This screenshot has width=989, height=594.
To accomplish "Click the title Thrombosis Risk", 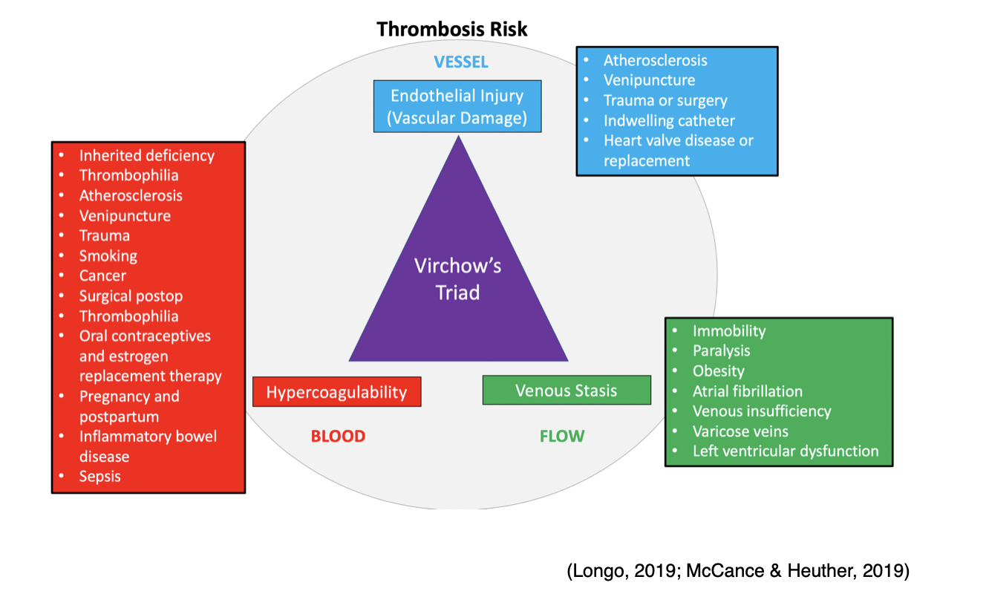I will pos(451,29).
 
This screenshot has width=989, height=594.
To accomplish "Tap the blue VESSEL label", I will pos(461,62).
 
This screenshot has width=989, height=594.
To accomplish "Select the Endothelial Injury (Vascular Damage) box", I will pos(457,106).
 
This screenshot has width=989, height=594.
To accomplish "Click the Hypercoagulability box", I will pos(336,392).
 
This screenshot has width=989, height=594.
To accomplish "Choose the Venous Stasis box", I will pos(566,391).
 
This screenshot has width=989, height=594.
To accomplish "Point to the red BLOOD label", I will pos(338,437).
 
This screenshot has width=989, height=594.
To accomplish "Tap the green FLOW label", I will pos(562,437).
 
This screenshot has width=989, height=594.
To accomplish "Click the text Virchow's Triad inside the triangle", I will pos(457,279).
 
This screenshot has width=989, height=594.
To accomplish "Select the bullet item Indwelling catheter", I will pos(669,121).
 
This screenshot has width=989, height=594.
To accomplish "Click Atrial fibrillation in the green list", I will pos(747,391).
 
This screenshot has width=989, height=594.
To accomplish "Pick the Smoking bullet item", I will pos(108,256).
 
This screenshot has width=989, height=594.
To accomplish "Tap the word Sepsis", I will pos(99,477).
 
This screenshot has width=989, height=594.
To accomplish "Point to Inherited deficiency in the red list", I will pos(147,156).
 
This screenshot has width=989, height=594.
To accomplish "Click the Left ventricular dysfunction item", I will pos(786,451).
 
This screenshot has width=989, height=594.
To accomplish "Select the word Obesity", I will pos(718,371).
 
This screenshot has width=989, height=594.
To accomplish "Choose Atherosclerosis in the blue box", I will pos(655,61).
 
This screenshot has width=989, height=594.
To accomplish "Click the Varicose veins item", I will pos(740,431).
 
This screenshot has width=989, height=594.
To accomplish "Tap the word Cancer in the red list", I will pos(102,276).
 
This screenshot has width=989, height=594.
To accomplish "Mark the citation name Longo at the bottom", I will pos(595,571).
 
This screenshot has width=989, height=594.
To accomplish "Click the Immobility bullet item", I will pos(728,331).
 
